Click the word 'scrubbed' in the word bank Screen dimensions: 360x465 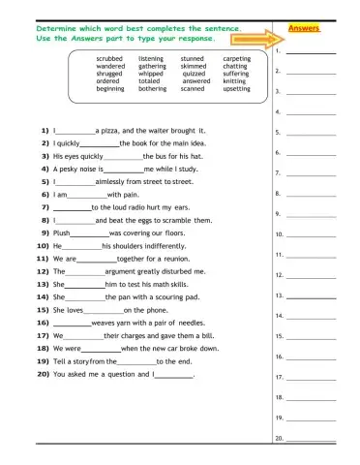coord(109,59)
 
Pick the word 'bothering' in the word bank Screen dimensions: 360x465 coord(152,88)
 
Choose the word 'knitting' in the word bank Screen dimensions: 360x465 coord(234,81)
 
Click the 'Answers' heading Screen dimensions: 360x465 coord(305,29)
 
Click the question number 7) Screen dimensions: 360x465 coord(44,207)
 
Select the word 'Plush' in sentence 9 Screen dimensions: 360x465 coord(61,233)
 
